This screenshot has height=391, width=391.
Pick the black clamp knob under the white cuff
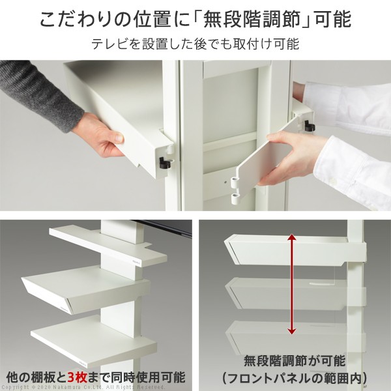[x=309, y=125]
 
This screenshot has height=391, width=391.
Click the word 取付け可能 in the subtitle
[x=268, y=45]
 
